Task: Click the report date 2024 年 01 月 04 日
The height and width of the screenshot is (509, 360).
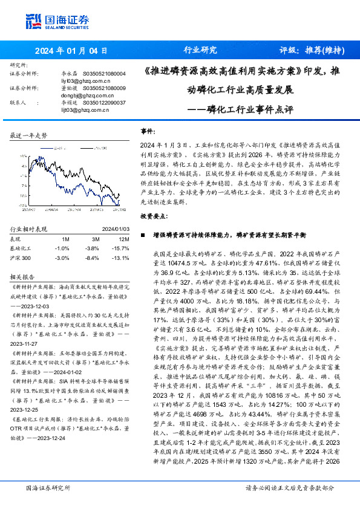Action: (x=71, y=50)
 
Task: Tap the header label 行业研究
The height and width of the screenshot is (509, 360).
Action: (x=200, y=50)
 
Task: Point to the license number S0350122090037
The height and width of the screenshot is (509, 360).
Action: (x=104, y=102)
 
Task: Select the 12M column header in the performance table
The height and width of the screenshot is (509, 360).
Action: (x=118, y=239)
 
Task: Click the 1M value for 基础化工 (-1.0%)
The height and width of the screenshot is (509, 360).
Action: (x=62, y=248)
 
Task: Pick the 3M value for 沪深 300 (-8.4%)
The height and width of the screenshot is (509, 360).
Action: (x=91, y=257)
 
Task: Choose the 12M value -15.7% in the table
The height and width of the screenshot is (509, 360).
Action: (x=119, y=248)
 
